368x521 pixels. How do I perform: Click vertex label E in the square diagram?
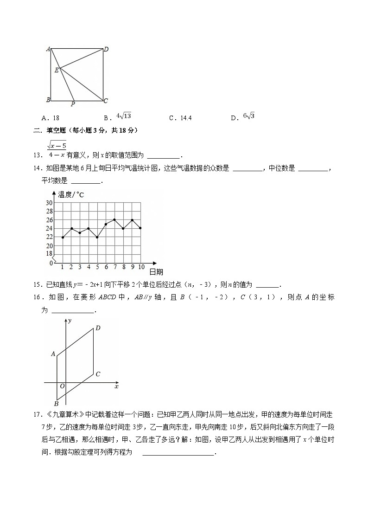pos(57,70)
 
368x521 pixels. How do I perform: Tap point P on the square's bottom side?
pos(73,104)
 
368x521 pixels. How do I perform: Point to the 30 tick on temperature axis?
pos(49,203)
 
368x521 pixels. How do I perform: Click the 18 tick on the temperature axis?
pos(49,254)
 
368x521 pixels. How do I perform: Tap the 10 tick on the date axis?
pos(141,267)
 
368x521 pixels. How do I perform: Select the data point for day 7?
pos(114,219)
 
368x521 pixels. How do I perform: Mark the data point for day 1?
pos(62,237)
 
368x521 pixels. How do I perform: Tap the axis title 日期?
pos(156,272)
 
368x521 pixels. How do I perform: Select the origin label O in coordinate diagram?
pos(62,386)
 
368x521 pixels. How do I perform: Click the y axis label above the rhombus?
pos(70,321)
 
